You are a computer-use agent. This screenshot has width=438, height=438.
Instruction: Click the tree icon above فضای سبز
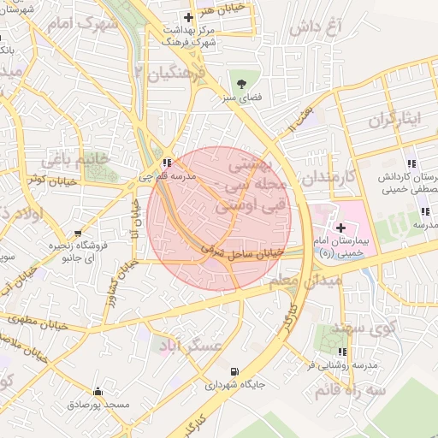[242, 84]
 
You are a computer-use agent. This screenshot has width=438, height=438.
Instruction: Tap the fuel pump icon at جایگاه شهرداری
[234, 372]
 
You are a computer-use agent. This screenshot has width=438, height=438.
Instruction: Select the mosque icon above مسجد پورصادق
[97, 390]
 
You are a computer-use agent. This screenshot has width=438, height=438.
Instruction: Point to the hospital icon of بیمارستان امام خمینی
[341, 228]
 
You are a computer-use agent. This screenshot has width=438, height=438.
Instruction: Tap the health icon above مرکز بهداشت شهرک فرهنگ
[189, 17]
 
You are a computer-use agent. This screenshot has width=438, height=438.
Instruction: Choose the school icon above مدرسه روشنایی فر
[343, 352]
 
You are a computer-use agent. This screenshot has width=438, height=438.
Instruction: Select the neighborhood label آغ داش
[315, 27]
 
